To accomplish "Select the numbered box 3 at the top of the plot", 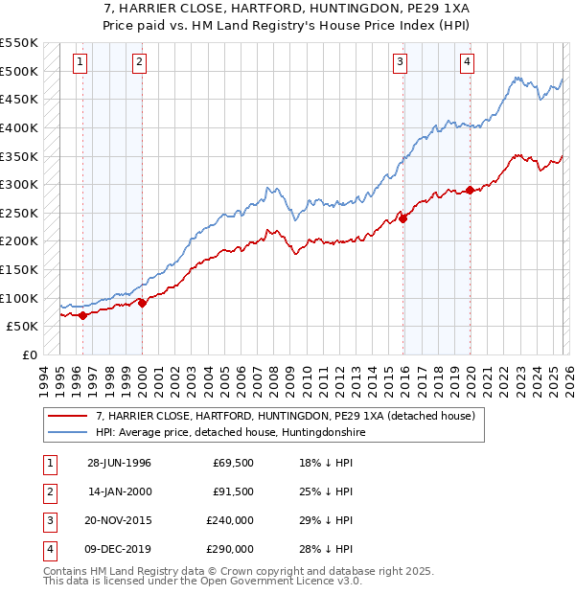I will coord(400,63).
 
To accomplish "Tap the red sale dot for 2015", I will coord(402,218).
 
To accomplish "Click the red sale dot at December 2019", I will coord(470,190).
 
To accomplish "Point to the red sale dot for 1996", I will coord(83,314).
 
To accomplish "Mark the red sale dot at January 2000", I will coord(142,303).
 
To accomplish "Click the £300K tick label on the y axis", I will coord(19,184).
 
